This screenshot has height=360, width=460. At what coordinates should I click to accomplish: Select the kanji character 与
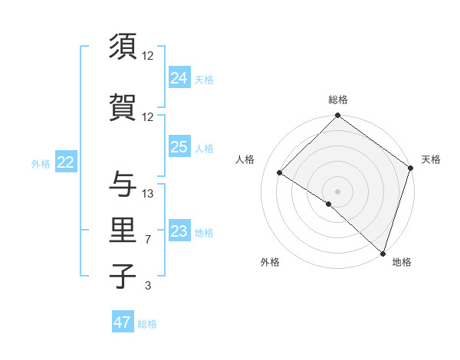124,184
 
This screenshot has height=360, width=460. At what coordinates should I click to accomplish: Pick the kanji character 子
124,277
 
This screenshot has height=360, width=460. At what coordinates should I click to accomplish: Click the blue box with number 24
179,77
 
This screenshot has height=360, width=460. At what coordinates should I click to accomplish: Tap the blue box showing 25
179,147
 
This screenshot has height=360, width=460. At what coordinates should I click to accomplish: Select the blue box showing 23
179,231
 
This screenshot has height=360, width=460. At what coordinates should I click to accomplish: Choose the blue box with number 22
66,162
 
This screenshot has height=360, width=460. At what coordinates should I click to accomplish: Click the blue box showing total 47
123,322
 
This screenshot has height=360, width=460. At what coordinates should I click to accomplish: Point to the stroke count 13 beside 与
148,193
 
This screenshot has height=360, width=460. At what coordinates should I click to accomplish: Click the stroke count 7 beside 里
148,240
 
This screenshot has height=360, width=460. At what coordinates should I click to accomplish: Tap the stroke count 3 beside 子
148,286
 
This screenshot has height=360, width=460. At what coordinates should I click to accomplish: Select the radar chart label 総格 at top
337,100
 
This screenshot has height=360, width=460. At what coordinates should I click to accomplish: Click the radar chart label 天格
431,159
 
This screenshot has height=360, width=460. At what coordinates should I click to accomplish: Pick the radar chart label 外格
270,262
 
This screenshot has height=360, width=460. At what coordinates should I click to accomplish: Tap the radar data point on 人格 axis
280,173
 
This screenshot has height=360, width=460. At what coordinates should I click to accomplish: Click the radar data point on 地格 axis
383,253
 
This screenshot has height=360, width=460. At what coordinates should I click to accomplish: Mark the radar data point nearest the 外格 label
329,204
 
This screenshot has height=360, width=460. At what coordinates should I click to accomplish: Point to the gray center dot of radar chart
337,191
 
